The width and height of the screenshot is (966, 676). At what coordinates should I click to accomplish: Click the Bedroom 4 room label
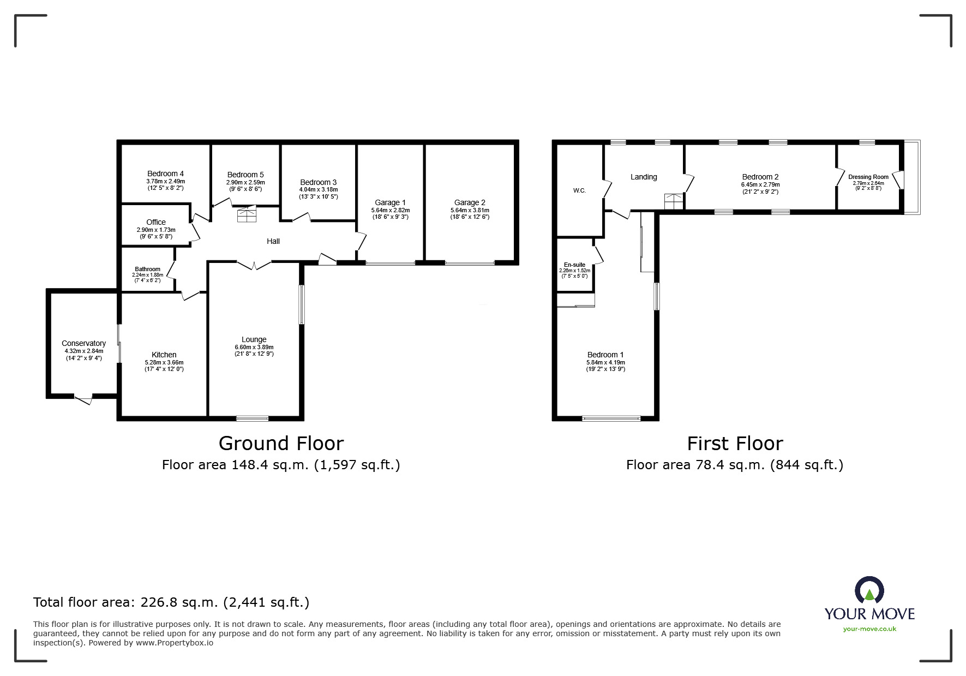pos(165,174)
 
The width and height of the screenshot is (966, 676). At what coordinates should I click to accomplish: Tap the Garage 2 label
pos(470,202)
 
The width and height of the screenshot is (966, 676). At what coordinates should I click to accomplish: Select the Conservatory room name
pos(83,343)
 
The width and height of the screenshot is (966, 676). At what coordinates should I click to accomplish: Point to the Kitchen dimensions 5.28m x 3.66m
pos(164,362)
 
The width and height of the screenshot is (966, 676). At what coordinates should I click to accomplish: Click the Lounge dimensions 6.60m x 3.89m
pos(254,347)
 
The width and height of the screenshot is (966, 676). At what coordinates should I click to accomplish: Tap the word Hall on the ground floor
pos(273,241)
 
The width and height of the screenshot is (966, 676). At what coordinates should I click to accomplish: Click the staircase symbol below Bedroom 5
pos(247,213)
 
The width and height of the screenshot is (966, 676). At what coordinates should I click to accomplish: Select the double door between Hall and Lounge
pos(254,265)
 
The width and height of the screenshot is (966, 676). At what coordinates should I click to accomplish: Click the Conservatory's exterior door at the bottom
pos(83,399)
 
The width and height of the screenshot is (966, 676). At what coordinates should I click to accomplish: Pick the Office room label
pos(156,222)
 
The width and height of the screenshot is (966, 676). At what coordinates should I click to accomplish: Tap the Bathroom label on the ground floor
pos(148,269)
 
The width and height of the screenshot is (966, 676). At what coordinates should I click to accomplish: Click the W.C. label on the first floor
pos(579,190)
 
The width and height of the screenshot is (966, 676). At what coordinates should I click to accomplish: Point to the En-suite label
pos(574,265)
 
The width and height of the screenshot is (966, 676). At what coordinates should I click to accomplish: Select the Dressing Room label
pos(868,177)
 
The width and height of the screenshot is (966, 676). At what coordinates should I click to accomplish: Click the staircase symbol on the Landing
pos(674,202)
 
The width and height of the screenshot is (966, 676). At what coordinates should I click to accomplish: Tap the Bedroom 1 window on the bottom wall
pos(611,418)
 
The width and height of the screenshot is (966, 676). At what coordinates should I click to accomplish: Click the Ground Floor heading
pos(281,443)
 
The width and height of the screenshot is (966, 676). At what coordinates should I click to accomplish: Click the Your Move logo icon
pos(869,591)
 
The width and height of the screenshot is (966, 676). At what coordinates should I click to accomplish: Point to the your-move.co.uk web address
pos(869,629)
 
